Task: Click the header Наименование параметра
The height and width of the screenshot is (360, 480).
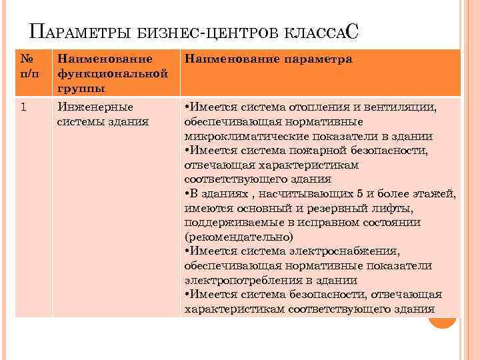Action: (267, 59)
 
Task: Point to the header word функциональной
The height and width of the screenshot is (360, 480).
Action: (111, 73)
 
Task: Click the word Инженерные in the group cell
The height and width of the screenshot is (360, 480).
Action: (95, 107)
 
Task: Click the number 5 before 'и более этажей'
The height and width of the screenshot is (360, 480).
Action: (360, 194)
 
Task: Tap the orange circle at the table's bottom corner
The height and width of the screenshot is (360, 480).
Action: (441, 320)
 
